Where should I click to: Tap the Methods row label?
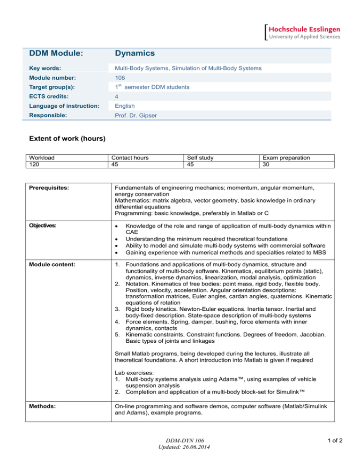point(41,398)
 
